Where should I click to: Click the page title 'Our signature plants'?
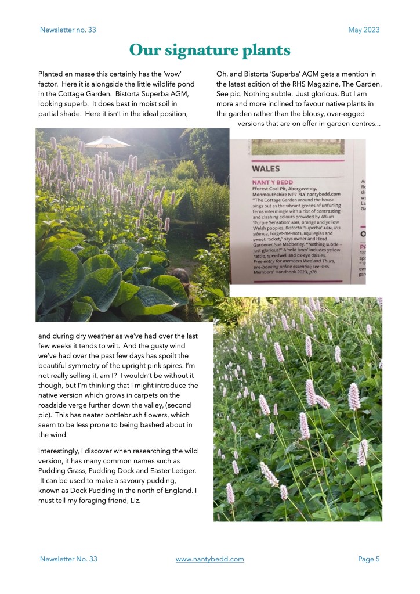(x=209, y=51)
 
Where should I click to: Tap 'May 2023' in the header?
(x=364, y=30)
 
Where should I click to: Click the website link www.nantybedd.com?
(x=209, y=559)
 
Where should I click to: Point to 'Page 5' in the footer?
(x=368, y=559)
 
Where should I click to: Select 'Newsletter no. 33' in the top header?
(x=68, y=30)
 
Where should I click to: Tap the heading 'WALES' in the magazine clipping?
(x=266, y=169)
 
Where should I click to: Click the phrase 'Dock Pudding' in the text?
(x=91, y=491)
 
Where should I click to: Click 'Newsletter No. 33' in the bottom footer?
(x=68, y=559)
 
